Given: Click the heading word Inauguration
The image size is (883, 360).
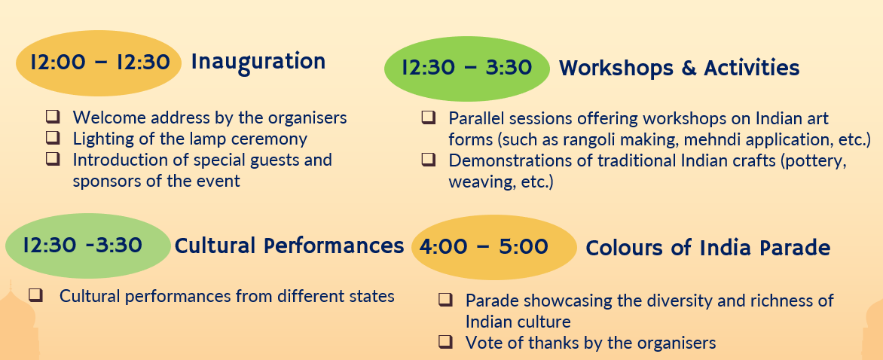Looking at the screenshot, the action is pyautogui.click(x=258, y=62).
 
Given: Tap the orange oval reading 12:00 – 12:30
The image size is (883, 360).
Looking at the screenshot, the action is pyautogui.click(x=99, y=63).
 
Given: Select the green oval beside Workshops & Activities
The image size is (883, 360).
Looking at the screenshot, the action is pyautogui.click(x=467, y=69).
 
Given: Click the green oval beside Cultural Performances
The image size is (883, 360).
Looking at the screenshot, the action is pyautogui.click(x=88, y=246).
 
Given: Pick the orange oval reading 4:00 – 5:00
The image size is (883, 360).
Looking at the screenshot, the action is pyautogui.click(x=494, y=248).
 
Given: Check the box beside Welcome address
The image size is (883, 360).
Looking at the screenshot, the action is pyautogui.click(x=53, y=117).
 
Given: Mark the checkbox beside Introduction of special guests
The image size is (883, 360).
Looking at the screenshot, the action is pyautogui.click(x=53, y=158).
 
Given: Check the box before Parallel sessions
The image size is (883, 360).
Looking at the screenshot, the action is pyautogui.click(x=429, y=117).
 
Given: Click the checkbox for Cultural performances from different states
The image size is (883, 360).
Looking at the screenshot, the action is pyautogui.click(x=35, y=294).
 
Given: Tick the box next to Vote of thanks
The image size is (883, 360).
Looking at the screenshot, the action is pyautogui.click(x=445, y=341).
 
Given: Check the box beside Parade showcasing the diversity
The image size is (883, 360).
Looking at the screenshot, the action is pyautogui.click(x=445, y=299).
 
